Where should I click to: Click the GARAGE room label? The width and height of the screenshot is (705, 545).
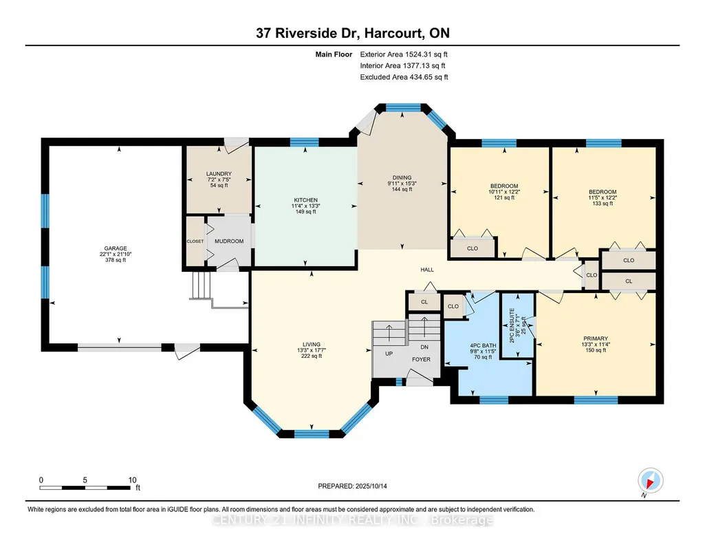pyautogui.click(x=116, y=248)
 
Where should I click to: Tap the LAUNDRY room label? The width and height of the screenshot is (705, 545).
pyautogui.click(x=219, y=174)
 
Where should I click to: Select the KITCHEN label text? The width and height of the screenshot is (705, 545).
pyautogui.click(x=306, y=200)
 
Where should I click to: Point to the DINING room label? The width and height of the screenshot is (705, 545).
pyautogui.click(x=402, y=178)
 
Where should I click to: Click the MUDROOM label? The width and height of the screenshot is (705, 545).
pyautogui.click(x=229, y=241)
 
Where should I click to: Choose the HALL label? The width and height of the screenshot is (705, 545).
pyautogui.click(x=427, y=270)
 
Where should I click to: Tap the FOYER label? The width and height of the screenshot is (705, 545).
pyautogui.click(x=422, y=359)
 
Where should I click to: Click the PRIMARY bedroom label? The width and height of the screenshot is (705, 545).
pyautogui.click(x=596, y=339)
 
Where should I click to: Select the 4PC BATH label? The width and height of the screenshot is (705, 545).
pyautogui.click(x=483, y=346)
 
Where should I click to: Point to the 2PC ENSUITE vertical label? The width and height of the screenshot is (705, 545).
pyautogui.click(x=512, y=325)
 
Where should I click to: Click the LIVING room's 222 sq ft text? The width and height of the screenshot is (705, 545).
pyautogui.click(x=311, y=356)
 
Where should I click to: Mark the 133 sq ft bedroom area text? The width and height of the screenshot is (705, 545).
pyautogui.click(x=603, y=203)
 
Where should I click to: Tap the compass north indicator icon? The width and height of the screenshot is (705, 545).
pyautogui.click(x=650, y=481)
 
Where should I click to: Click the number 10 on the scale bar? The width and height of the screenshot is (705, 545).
pyautogui.click(x=132, y=480)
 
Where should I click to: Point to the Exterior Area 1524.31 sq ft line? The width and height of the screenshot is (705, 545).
pyautogui.click(x=404, y=54)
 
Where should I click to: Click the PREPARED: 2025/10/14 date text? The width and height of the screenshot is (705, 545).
pyautogui.click(x=352, y=486)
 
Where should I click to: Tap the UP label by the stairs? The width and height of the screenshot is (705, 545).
pyautogui.click(x=389, y=354)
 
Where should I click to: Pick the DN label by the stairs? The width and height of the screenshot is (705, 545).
pyautogui.click(x=424, y=347)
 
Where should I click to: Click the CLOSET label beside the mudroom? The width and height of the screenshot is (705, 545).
pyautogui.click(x=195, y=242)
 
